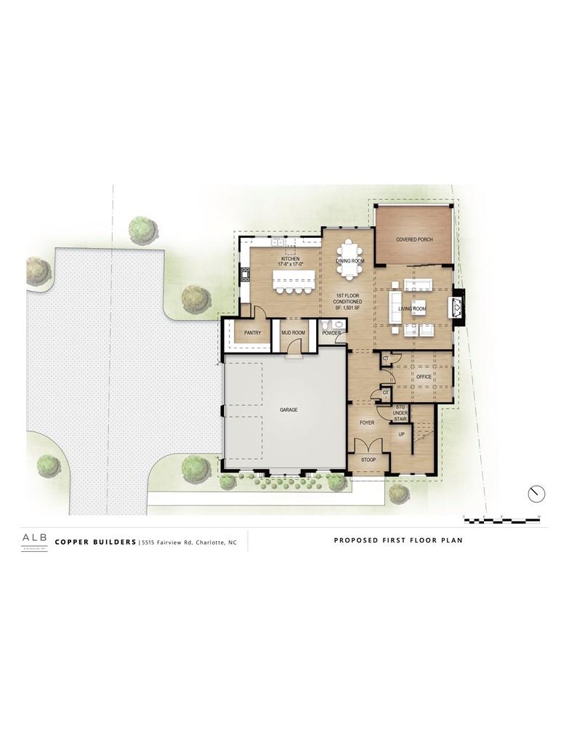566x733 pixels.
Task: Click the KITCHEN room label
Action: (291, 260)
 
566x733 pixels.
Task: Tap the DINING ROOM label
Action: (349, 260)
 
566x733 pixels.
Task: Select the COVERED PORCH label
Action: (414, 239)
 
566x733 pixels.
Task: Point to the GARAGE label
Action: (288, 410)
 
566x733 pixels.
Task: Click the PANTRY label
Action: (252, 333)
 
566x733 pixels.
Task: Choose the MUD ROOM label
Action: (294, 333)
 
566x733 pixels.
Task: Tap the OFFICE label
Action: (424, 377)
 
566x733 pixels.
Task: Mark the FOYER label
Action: (366, 422)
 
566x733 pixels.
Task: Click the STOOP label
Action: (368, 460)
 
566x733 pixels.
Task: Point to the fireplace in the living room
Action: (456, 308)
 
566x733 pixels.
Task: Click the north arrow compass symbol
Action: (536, 493)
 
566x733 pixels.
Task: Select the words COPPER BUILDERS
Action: (95, 542)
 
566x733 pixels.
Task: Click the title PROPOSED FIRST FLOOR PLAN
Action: (398, 540)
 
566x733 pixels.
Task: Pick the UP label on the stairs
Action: (400, 434)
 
